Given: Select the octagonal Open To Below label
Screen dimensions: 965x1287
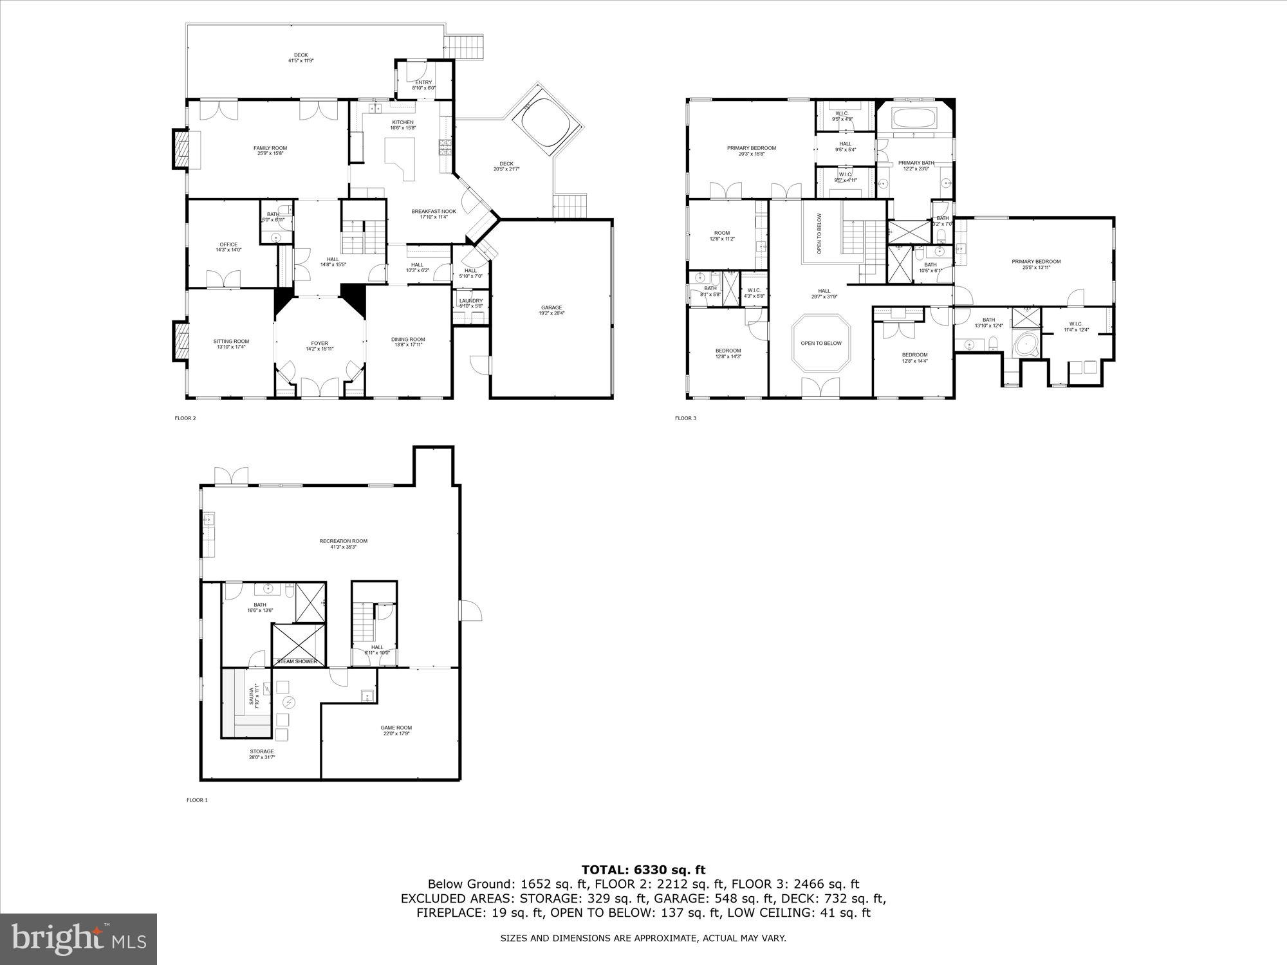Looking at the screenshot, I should click(x=821, y=343).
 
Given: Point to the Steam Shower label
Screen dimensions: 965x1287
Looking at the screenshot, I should click(x=297, y=661).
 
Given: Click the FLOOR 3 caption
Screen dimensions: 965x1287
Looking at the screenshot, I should click(x=685, y=418).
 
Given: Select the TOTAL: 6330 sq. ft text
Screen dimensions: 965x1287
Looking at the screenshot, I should click(x=643, y=870).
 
